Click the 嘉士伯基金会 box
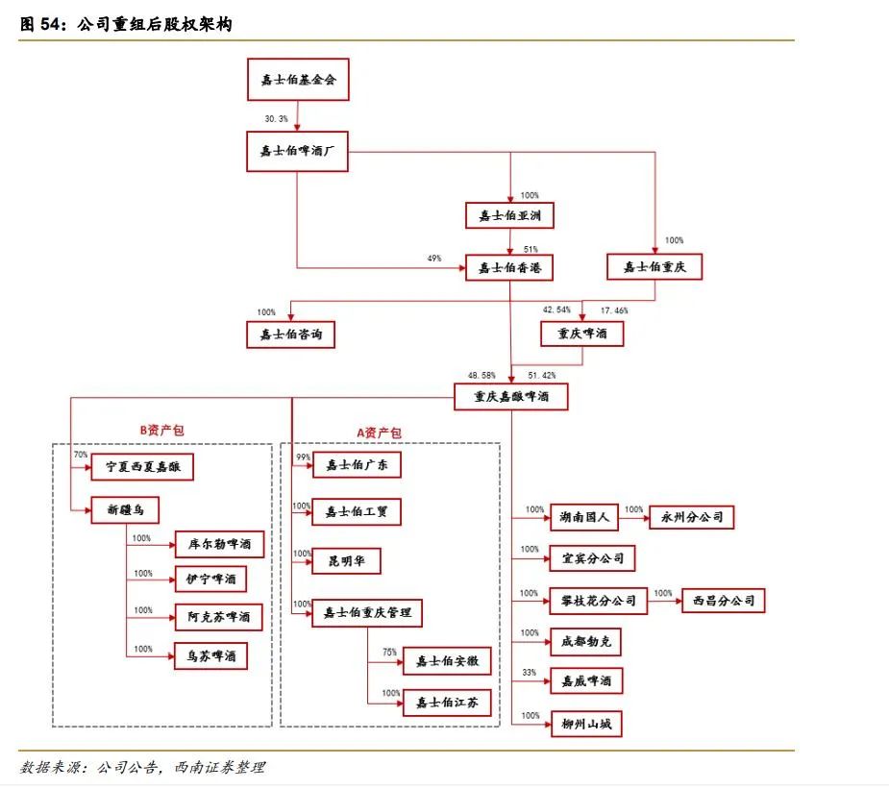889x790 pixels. (298, 80)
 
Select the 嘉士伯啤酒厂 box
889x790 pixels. (298, 150)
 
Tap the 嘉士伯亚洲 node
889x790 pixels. (509, 215)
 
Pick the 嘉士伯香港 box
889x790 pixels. (509, 267)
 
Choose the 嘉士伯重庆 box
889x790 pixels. (654, 266)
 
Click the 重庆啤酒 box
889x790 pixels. (582, 333)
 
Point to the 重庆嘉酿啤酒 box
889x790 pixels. (510, 396)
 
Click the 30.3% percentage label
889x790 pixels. (277, 118)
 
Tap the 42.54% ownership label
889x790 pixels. (556, 310)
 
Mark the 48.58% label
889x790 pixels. (482, 375)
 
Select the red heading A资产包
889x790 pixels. (380, 433)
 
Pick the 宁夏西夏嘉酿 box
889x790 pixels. (142, 468)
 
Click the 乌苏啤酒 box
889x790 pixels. (210, 656)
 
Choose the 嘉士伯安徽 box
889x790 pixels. (447, 661)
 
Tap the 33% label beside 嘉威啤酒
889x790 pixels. (529, 672)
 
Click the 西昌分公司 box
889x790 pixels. (724, 602)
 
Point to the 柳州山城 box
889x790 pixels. (585, 723)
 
